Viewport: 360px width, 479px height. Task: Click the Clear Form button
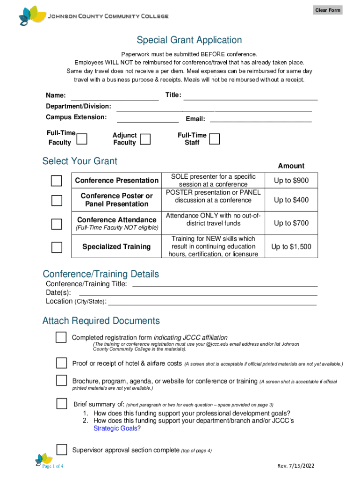pyautogui.click(x=327, y=10)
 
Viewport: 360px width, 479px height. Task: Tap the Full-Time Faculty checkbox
pyautogui.click(x=81, y=139)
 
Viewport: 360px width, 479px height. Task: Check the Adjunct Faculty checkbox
pyautogui.click(x=145, y=139)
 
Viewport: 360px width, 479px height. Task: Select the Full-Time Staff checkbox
pyautogui.click(x=214, y=139)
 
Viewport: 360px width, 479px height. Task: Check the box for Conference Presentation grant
pyautogui.click(x=57, y=181)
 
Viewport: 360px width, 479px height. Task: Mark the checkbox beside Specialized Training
pyautogui.click(x=57, y=247)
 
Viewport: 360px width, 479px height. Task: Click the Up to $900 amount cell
pyautogui.click(x=291, y=181)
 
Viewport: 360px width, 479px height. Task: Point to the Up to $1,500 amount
pyautogui.click(x=291, y=247)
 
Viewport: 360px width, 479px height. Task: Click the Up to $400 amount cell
pyautogui.click(x=291, y=200)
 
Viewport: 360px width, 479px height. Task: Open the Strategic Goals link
pyautogui.click(x=115, y=428)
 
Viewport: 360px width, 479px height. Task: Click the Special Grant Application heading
pyautogui.click(x=189, y=40)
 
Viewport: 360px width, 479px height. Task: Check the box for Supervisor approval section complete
pyautogui.click(x=62, y=450)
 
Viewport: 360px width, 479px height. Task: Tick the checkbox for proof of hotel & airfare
pyautogui.click(x=62, y=363)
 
